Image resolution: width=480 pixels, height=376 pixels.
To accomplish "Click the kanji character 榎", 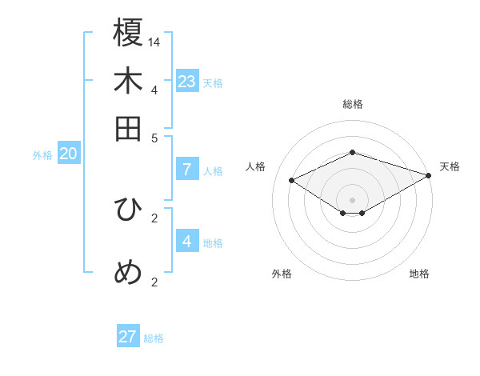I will click(128, 33).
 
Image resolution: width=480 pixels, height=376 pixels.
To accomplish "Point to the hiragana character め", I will click(128, 273).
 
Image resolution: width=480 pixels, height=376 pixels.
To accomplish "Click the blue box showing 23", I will click(187, 82).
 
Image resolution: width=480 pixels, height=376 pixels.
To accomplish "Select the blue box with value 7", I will click(187, 170).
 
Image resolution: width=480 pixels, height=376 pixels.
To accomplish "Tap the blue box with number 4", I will click(187, 241).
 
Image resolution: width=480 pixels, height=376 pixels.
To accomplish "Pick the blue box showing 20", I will click(69, 154).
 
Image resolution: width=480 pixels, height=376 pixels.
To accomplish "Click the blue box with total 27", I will click(128, 337).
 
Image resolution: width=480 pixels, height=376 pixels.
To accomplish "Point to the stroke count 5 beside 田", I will click(155, 137).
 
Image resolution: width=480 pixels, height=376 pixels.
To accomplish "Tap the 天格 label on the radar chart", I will click(450, 166).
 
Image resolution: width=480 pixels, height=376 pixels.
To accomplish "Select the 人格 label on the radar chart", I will click(256, 166).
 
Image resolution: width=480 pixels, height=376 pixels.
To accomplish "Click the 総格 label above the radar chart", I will click(353, 104).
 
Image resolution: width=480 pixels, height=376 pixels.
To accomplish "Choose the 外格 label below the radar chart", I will click(282, 274).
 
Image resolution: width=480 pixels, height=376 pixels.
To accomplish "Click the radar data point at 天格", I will click(430, 175).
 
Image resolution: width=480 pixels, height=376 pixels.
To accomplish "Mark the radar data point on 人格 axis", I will click(292, 181).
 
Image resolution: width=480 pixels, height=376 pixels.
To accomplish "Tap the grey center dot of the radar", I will click(352, 199).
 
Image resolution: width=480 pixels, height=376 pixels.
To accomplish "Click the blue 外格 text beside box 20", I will click(42, 155).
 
